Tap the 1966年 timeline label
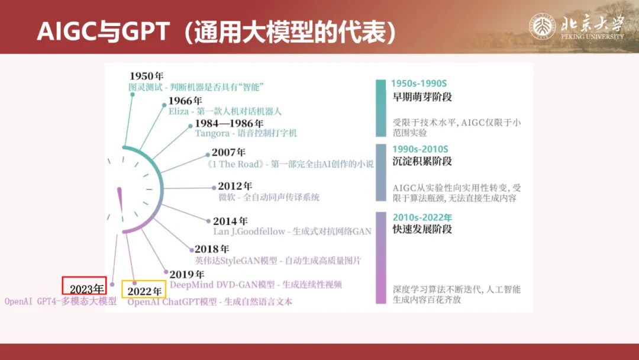(x=185, y=101)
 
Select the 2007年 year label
(x=228, y=153)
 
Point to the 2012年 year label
(x=235, y=187)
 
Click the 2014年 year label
(x=230, y=221)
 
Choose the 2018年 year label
(x=212, y=249)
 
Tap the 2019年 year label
(x=186, y=275)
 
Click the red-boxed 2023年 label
(x=85, y=286)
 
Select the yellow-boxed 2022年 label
(x=144, y=289)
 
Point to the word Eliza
(x=179, y=111)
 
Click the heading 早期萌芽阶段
(x=422, y=97)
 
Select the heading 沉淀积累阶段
(x=422, y=161)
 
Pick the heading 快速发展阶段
(x=422, y=229)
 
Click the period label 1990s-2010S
(x=420, y=149)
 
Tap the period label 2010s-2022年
(x=422, y=217)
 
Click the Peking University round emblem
(x=543, y=27)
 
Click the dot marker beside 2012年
(x=214, y=188)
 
